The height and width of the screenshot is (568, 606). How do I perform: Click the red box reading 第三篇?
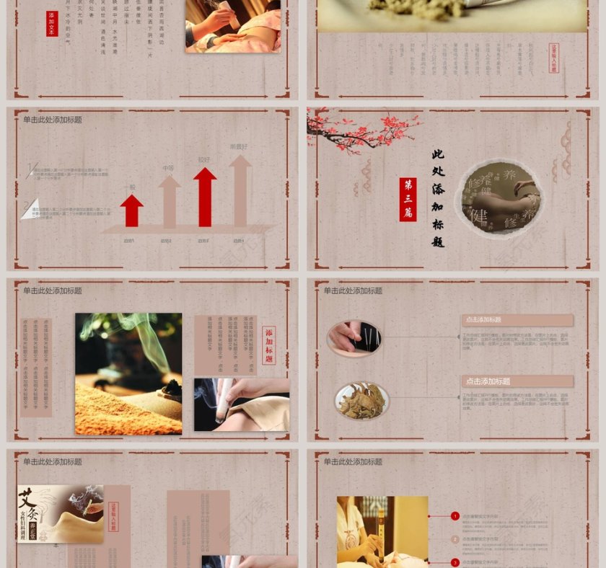pyautogui.click(x=408, y=199)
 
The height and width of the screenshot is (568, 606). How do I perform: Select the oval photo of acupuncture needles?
pyautogui.click(x=353, y=337)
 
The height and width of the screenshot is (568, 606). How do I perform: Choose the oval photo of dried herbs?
pyautogui.click(x=361, y=401)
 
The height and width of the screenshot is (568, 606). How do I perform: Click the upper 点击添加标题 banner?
pyautogui.click(x=517, y=319)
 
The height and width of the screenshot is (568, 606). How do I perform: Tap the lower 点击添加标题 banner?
pyautogui.click(x=517, y=381)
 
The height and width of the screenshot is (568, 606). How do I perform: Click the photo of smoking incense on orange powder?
pyautogui.click(x=128, y=373)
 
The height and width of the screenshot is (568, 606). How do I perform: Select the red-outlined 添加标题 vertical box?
pyautogui.click(x=269, y=345)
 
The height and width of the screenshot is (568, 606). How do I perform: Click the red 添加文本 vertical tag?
pyautogui.click(x=52, y=24)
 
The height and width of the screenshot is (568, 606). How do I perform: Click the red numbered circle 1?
pyautogui.click(x=455, y=516)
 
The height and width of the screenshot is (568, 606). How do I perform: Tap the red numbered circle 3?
pyautogui.click(x=455, y=562)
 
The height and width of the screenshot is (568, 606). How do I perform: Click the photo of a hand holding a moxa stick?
pyautogui.click(x=242, y=404)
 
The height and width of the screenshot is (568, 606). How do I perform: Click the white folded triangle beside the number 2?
pyautogui.click(x=30, y=209)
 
